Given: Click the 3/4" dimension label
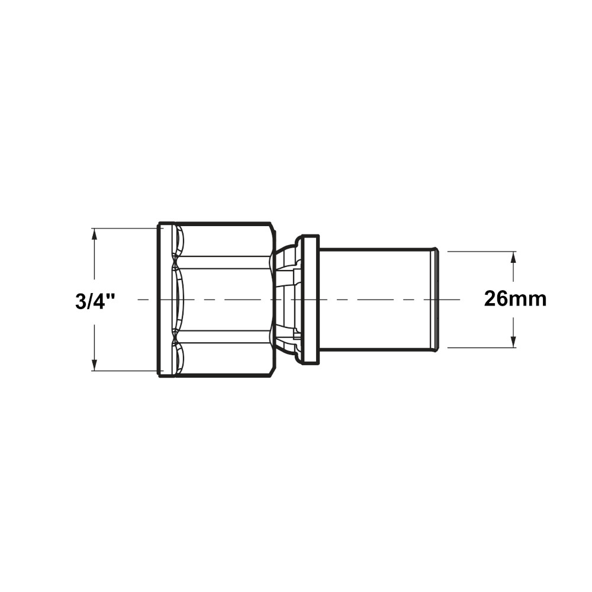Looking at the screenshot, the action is point(95,301).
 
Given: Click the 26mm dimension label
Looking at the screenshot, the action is point(516,299).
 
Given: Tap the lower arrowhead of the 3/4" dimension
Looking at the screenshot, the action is point(94,365).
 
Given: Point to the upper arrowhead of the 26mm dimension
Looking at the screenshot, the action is point(513,258).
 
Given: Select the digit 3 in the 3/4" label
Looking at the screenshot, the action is point(81,301).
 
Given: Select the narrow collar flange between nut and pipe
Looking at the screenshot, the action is point(311,300).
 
